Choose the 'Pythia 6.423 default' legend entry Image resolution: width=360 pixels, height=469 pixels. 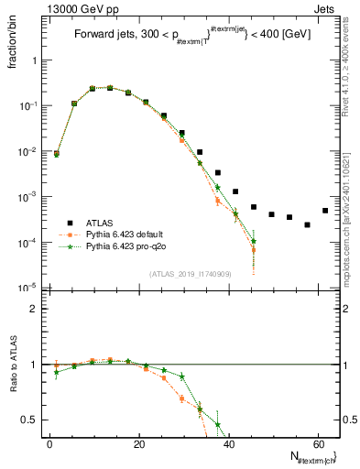pyautogui.click(x=124, y=234)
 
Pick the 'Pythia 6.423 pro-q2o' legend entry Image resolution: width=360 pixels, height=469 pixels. pyautogui.click(x=124, y=246)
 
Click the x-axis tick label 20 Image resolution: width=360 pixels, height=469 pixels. pyautogui.click(x=138, y=444)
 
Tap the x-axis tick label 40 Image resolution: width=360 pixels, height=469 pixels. pyautogui.click(x=228, y=444)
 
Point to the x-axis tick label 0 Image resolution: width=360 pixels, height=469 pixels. pyautogui.click(x=49, y=444)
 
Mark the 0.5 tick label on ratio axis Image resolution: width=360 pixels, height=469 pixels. pyautogui.click(x=32, y=420)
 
